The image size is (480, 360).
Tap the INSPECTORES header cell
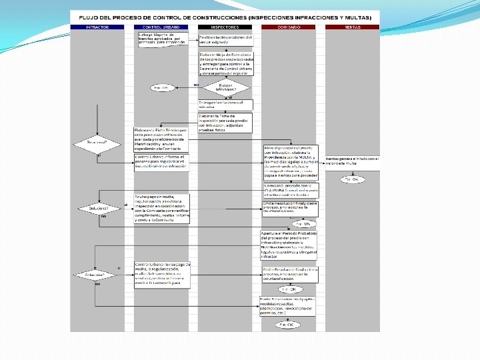pyautogui.click(x=225, y=27)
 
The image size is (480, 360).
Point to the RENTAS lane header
pyautogui.click(x=352, y=27)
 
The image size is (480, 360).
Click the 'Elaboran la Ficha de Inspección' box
pyautogui.click(x=225, y=119)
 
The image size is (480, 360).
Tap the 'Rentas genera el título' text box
pyautogui.click(x=352, y=161)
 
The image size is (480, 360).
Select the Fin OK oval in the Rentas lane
pyautogui.click(x=351, y=179)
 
